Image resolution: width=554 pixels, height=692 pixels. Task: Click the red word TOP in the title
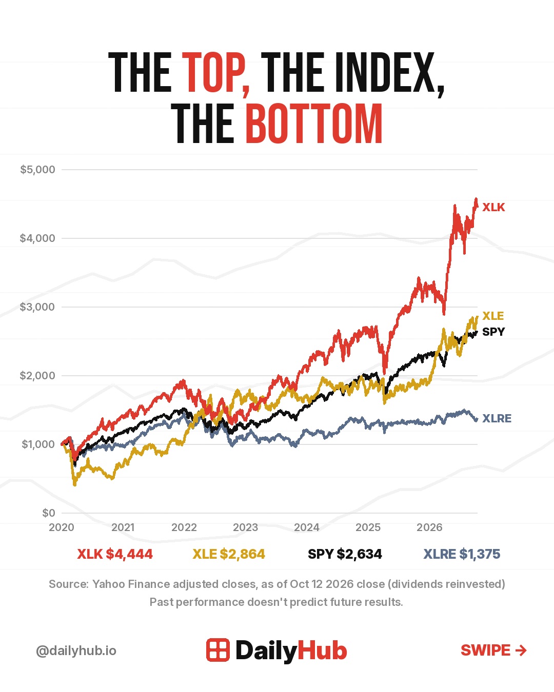click(215, 73)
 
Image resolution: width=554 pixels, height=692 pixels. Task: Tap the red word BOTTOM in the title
click(314, 124)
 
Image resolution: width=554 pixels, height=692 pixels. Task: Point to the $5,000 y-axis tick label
click(37, 170)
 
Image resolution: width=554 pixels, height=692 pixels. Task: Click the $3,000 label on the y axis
click(37, 307)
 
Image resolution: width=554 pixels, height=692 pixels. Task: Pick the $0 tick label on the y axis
click(49, 513)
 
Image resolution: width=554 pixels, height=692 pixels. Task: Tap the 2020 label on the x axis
click(62, 527)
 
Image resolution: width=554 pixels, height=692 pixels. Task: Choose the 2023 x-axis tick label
click(246, 527)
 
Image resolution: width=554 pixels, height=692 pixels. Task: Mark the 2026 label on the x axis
click(429, 527)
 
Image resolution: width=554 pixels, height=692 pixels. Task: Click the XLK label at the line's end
click(493, 208)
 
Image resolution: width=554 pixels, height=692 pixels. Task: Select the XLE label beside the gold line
click(493, 316)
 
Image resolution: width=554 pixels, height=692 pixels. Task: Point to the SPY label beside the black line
click(493, 332)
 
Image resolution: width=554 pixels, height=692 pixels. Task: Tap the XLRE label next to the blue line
click(497, 418)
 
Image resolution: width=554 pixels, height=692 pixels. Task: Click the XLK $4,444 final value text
click(115, 554)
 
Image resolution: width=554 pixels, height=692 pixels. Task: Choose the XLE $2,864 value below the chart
click(229, 554)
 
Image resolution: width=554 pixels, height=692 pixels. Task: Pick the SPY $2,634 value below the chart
click(345, 554)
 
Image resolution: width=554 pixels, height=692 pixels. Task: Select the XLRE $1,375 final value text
click(462, 554)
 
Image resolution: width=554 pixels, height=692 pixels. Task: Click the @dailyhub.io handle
click(76, 650)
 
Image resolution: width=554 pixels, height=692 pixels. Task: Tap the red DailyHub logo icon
click(218, 650)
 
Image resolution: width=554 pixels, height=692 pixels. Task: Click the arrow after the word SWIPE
click(521, 650)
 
